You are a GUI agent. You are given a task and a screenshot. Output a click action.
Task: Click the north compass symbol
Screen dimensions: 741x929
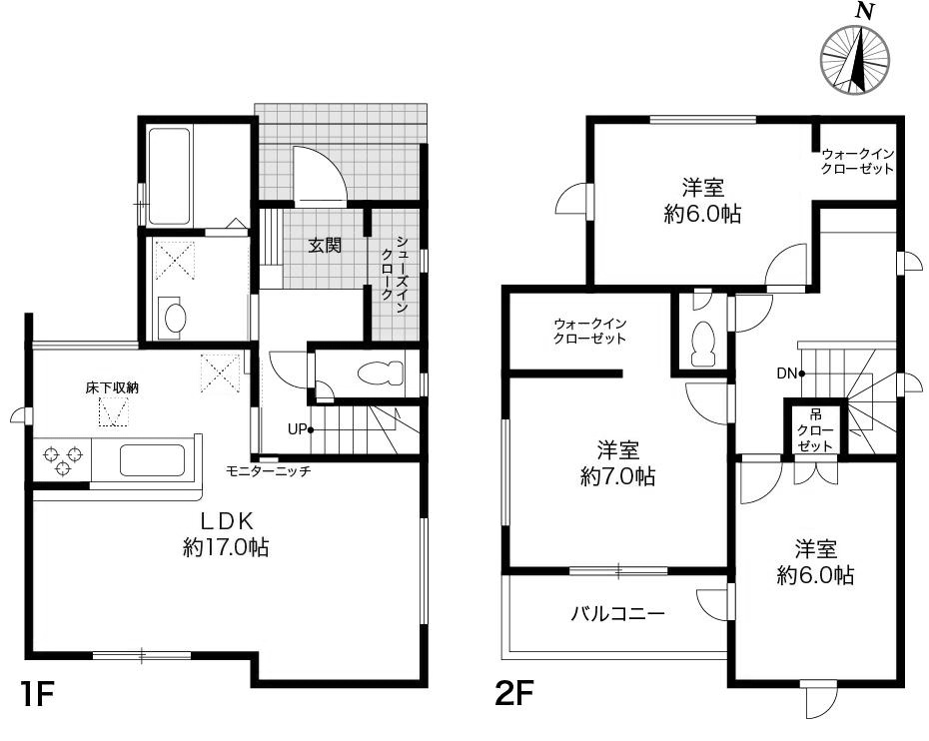[856, 59]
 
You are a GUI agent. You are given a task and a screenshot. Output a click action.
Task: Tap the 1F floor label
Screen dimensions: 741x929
[37, 694]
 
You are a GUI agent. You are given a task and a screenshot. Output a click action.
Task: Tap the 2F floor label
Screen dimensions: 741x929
[516, 694]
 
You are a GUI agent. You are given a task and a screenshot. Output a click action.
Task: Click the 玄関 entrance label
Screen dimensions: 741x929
[325, 245]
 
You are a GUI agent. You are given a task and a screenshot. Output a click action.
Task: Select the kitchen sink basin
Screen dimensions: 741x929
[152, 460]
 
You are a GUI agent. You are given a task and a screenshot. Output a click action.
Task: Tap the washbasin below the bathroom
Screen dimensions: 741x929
[174, 318]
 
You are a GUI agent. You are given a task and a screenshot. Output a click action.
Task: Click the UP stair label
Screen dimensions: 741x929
[297, 429]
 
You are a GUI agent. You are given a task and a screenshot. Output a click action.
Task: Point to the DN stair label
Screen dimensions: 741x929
[785, 374]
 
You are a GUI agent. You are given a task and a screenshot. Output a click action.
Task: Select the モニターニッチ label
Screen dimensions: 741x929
[269, 470]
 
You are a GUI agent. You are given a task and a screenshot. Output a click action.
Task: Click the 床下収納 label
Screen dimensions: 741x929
[111, 385]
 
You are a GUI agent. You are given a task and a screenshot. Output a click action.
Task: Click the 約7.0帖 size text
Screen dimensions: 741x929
[617, 476]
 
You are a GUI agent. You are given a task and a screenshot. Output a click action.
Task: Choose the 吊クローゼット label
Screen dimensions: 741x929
[815, 428]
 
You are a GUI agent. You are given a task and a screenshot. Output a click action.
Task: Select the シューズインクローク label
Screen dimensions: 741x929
[396, 275]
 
